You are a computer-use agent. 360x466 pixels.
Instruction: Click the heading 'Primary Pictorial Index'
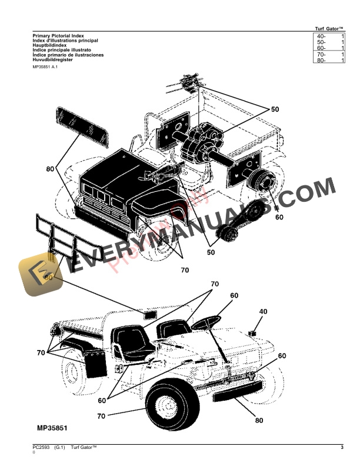[59, 36]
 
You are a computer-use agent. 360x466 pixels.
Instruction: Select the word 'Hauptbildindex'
[50, 46]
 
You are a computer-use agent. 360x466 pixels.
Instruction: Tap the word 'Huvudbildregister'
[54, 59]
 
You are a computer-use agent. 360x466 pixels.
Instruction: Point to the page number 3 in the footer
[342, 450]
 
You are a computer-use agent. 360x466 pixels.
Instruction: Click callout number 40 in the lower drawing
[263, 312]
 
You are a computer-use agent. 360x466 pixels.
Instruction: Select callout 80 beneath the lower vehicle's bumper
[260, 421]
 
